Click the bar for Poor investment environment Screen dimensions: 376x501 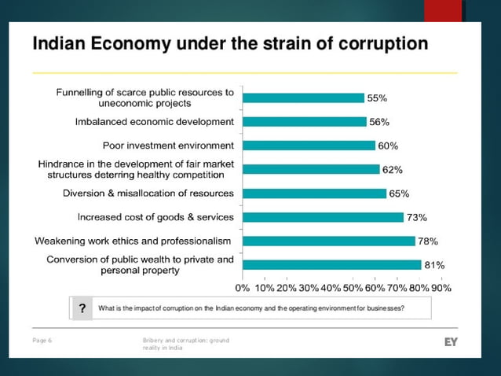click(x=309, y=146)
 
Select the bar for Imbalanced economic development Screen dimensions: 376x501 click(x=304, y=122)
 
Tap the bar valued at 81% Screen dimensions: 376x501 click(x=331, y=264)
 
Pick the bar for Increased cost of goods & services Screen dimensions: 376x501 click(x=323, y=217)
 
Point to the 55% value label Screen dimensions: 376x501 click(x=378, y=98)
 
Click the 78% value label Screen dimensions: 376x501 click(x=428, y=241)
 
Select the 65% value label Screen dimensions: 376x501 click(x=399, y=194)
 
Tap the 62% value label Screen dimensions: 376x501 click(x=393, y=170)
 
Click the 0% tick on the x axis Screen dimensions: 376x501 click(x=243, y=288)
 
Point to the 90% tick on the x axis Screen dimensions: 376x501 click(x=441, y=288)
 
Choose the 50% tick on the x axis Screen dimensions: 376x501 click(x=353, y=288)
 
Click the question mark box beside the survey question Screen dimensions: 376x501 click(x=81, y=308)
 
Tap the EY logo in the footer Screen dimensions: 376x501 click(x=451, y=341)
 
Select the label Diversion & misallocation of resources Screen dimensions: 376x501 click(x=148, y=194)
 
